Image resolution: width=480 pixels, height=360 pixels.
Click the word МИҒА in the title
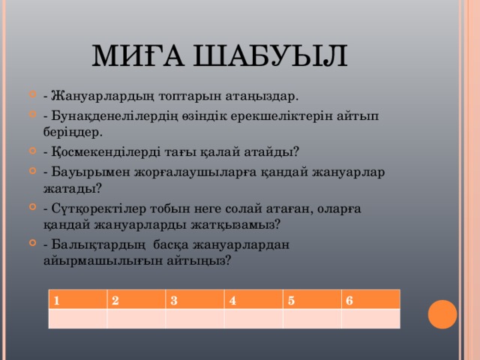(x=137, y=56)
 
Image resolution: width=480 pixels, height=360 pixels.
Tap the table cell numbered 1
(x=77, y=300)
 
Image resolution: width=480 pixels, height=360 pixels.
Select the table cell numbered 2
(x=136, y=300)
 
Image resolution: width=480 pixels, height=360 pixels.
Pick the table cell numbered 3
(x=194, y=300)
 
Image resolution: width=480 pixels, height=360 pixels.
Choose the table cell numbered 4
(x=253, y=300)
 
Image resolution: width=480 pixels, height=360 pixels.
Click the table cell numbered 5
(x=311, y=300)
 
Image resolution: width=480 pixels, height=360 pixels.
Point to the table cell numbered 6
(x=370, y=300)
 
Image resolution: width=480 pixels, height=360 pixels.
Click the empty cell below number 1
(x=77, y=319)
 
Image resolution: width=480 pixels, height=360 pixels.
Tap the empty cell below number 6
(x=370, y=319)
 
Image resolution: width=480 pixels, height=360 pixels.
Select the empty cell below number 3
(x=194, y=319)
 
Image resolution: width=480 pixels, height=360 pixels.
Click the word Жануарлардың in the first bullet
(x=95, y=96)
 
